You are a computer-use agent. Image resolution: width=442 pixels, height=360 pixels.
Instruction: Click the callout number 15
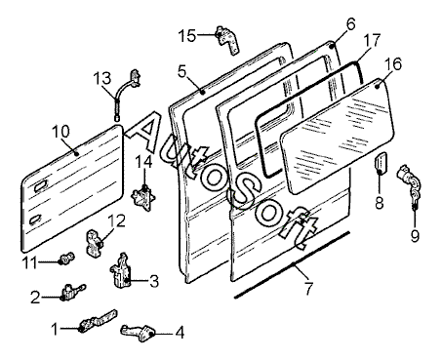pos(187,35)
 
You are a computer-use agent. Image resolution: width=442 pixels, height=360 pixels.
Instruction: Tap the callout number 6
pos(350,24)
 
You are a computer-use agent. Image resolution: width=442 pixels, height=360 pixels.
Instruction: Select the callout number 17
pos(372,40)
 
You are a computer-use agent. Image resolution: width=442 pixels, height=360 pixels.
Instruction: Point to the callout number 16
pos(393,64)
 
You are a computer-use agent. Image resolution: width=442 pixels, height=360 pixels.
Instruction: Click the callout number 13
pos(102,78)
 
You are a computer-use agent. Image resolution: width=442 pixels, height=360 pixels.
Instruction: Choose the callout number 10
pos(60,132)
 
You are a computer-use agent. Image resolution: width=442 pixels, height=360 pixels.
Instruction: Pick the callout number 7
pos(308,289)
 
